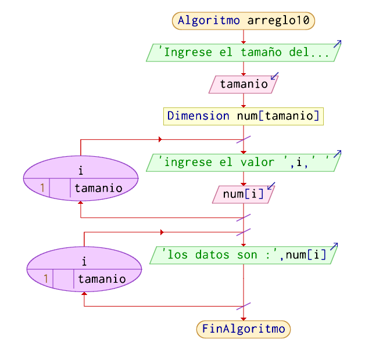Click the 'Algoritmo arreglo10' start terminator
244,20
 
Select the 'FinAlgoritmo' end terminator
244,329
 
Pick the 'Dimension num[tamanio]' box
244,116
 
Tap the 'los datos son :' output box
244,255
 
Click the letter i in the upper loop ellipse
80,170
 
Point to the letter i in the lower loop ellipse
84,261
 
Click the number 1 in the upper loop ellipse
42,188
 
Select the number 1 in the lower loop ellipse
46,279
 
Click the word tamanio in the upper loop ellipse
98,188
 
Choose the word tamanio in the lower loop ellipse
102,279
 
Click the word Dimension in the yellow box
198,116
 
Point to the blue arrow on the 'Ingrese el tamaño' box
337,44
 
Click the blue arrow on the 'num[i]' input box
270,186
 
